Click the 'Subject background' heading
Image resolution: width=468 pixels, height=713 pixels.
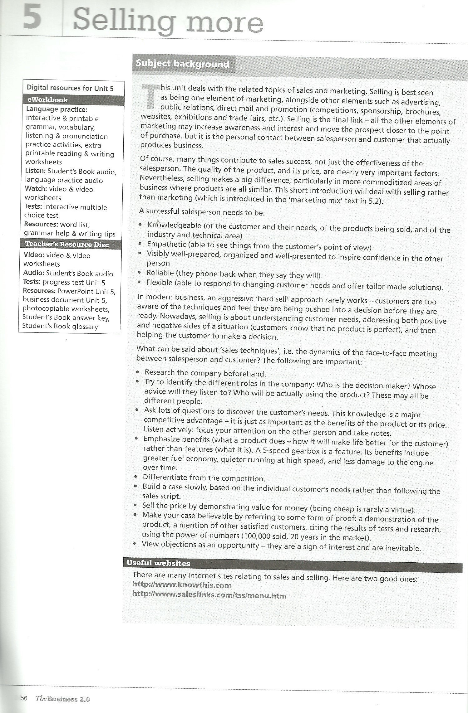click(182, 64)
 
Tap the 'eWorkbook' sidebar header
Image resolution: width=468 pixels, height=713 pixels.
click(47, 100)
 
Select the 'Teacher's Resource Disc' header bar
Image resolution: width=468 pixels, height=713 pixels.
click(67, 244)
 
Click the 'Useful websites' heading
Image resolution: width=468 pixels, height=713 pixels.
click(158, 563)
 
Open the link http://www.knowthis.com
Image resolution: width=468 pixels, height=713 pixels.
click(182, 585)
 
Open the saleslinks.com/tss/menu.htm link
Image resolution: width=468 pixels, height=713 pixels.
click(209, 595)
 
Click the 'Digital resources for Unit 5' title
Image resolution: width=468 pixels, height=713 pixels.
click(70, 88)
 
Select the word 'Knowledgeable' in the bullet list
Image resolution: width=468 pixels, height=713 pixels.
click(174, 225)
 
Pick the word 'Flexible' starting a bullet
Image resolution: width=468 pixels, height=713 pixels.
click(159, 283)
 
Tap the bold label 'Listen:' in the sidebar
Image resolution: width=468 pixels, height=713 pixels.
click(35, 171)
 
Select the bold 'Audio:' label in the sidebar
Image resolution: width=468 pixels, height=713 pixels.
click(33, 273)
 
